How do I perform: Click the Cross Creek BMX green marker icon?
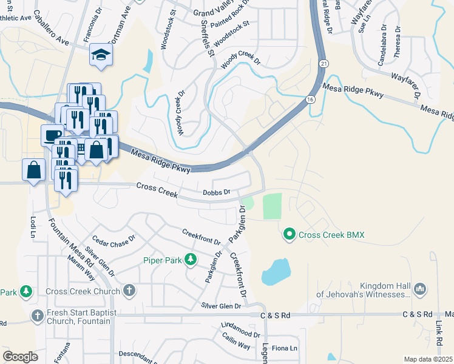pyautogui.click(x=290, y=234)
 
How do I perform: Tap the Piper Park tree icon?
pyautogui.click(x=191, y=260)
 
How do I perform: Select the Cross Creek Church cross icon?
pyautogui.click(x=129, y=291)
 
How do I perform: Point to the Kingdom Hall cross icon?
pyautogui.click(x=419, y=290)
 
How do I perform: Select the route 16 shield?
pyautogui.click(x=310, y=99)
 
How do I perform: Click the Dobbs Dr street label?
pyautogui.click(x=216, y=192)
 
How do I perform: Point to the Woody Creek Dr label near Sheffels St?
pyautogui.click(x=240, y=61)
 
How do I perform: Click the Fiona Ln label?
pyautogui.click(x=285, y=348)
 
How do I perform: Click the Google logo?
pyautogui.click(x=21, y=357)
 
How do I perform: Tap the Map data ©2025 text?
pyautogui.click(x=427, y=359)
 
